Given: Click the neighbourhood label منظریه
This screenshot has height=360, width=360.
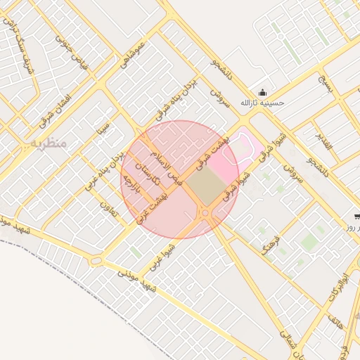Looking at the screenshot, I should click(x=48, y=143).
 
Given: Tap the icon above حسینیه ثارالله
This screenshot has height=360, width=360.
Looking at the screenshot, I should click(x=263, y=92).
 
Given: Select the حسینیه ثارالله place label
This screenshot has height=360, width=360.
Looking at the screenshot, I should click(x=262, y=103).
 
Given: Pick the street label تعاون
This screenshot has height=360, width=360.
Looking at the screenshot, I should click(x=108, y=210).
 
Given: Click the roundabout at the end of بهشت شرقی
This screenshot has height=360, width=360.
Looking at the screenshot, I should click(x=205, y=212).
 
